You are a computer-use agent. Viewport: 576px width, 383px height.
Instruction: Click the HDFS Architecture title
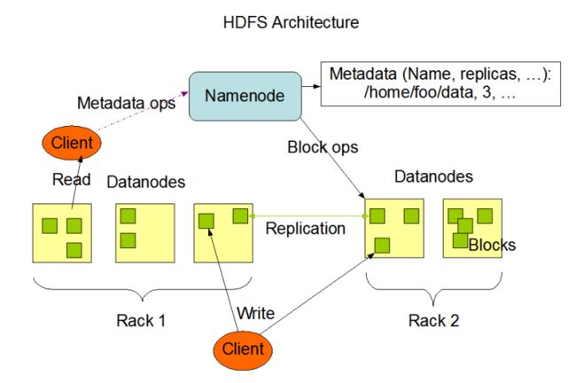tap(291, 23)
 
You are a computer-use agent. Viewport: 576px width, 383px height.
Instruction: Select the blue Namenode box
tap(245, 96)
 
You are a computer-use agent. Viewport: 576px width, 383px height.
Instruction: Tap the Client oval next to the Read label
tap(72, 143)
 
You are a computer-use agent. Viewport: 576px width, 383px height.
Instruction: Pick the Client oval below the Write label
tap(243, 349)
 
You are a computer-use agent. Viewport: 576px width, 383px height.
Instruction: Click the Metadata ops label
tap(127, 103)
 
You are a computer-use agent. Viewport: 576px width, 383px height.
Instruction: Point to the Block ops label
tap(323, 148)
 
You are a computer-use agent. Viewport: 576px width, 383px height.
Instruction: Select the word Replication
tap(305, 229)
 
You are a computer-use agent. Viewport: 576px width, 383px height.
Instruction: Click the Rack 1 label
tap(141, 321)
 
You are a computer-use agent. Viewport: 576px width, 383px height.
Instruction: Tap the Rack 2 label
tap(434, 321)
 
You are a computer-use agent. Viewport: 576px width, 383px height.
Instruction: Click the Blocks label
tap(492, 246)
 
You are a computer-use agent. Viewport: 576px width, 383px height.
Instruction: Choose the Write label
tap(256, 314)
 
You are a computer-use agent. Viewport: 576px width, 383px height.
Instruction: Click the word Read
tap(71, 180)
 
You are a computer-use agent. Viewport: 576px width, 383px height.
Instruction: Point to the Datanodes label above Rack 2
tap(433, 176)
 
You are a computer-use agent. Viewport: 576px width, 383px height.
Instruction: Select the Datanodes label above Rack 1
tap(146, 183)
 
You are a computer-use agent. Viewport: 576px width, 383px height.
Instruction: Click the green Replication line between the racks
tap(308, 216)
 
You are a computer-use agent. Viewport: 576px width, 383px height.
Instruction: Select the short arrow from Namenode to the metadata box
tap(311, 86)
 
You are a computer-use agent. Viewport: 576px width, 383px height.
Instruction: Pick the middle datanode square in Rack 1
tap(145, 233)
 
